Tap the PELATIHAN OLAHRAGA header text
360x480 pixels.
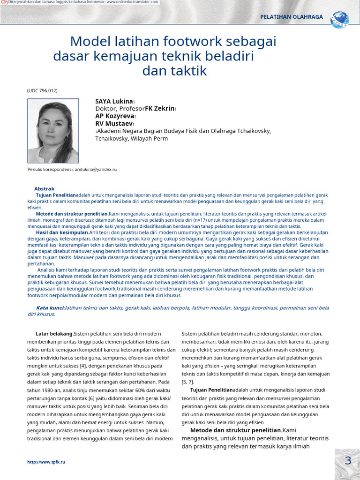(x=292, y=17)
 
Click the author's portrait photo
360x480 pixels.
(x=53, y=131)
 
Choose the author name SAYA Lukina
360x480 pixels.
(x=114, y=101)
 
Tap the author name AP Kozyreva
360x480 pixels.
(x=114, y=116)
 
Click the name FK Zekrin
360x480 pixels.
(x=159, y=109)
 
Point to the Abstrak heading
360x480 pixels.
(x=44, y=189)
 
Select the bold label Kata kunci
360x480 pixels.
(x=50, y=308)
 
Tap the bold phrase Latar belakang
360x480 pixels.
(x=54, y=334)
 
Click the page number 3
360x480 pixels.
(x=348, y=461)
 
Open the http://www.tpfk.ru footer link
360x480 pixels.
(x=46, y=462)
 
